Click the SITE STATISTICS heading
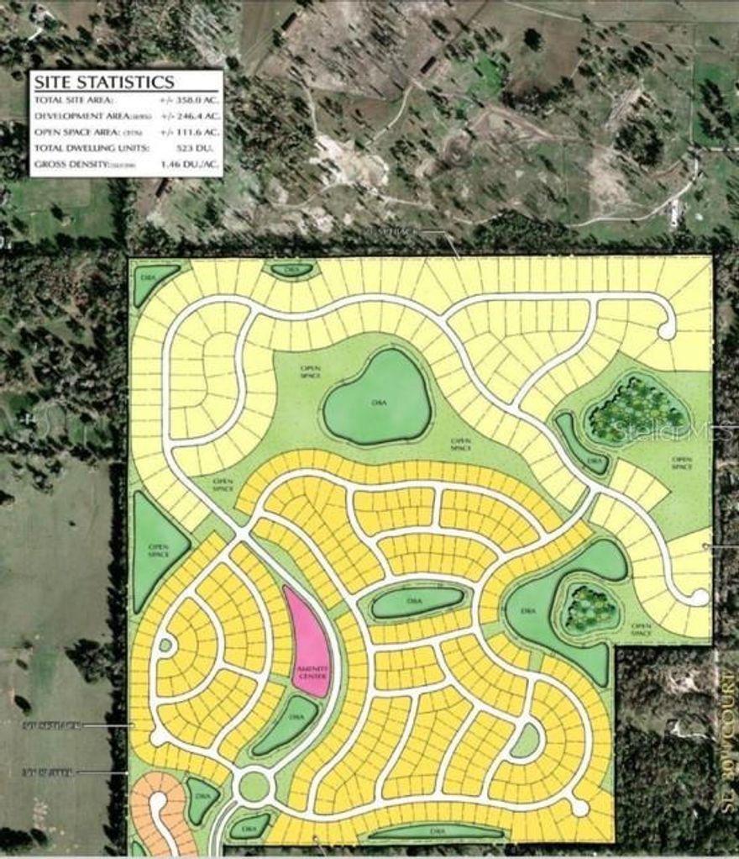[x=103, y=82]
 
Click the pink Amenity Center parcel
[x=308, y=643]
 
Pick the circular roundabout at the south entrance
[x=254, y=787]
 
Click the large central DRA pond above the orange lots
[x=377, y=398]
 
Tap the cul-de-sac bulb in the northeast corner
[x=667, y=330]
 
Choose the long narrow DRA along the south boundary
[x=434, y=832]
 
